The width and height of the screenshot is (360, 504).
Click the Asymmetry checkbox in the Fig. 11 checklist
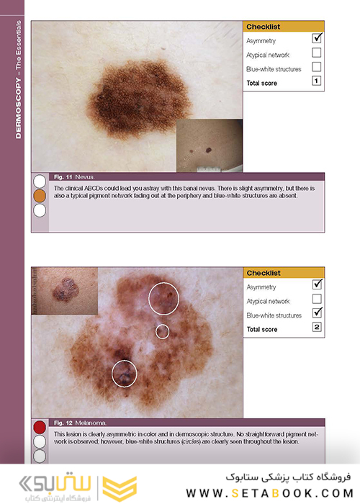point(317,38)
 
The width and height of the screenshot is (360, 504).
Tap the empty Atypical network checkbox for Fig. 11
point(317,53)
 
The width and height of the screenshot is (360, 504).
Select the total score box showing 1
point(317,81)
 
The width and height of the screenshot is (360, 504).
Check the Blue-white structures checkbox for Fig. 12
point(317,312)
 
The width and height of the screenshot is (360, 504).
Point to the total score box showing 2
point(317,327)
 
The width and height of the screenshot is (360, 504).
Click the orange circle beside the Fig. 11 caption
point(40,196)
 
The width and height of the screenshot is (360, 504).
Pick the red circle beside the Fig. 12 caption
point(40,427)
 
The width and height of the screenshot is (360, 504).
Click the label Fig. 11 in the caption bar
point(63,177)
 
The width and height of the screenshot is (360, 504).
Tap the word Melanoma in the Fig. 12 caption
point(91,423)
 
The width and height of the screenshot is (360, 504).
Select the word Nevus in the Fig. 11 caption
point(85,177)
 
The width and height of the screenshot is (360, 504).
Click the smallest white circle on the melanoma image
point(162,331)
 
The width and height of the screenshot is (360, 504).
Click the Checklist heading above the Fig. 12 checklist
point(264,273)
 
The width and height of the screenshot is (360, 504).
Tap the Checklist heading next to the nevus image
point(264,27)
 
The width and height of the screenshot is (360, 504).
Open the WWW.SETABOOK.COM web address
point(270,493)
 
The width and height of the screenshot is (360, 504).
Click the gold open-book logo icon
point(120,488)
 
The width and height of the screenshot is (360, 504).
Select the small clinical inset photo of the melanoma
point(65,291)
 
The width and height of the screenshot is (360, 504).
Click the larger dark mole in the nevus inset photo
point(209,150)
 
